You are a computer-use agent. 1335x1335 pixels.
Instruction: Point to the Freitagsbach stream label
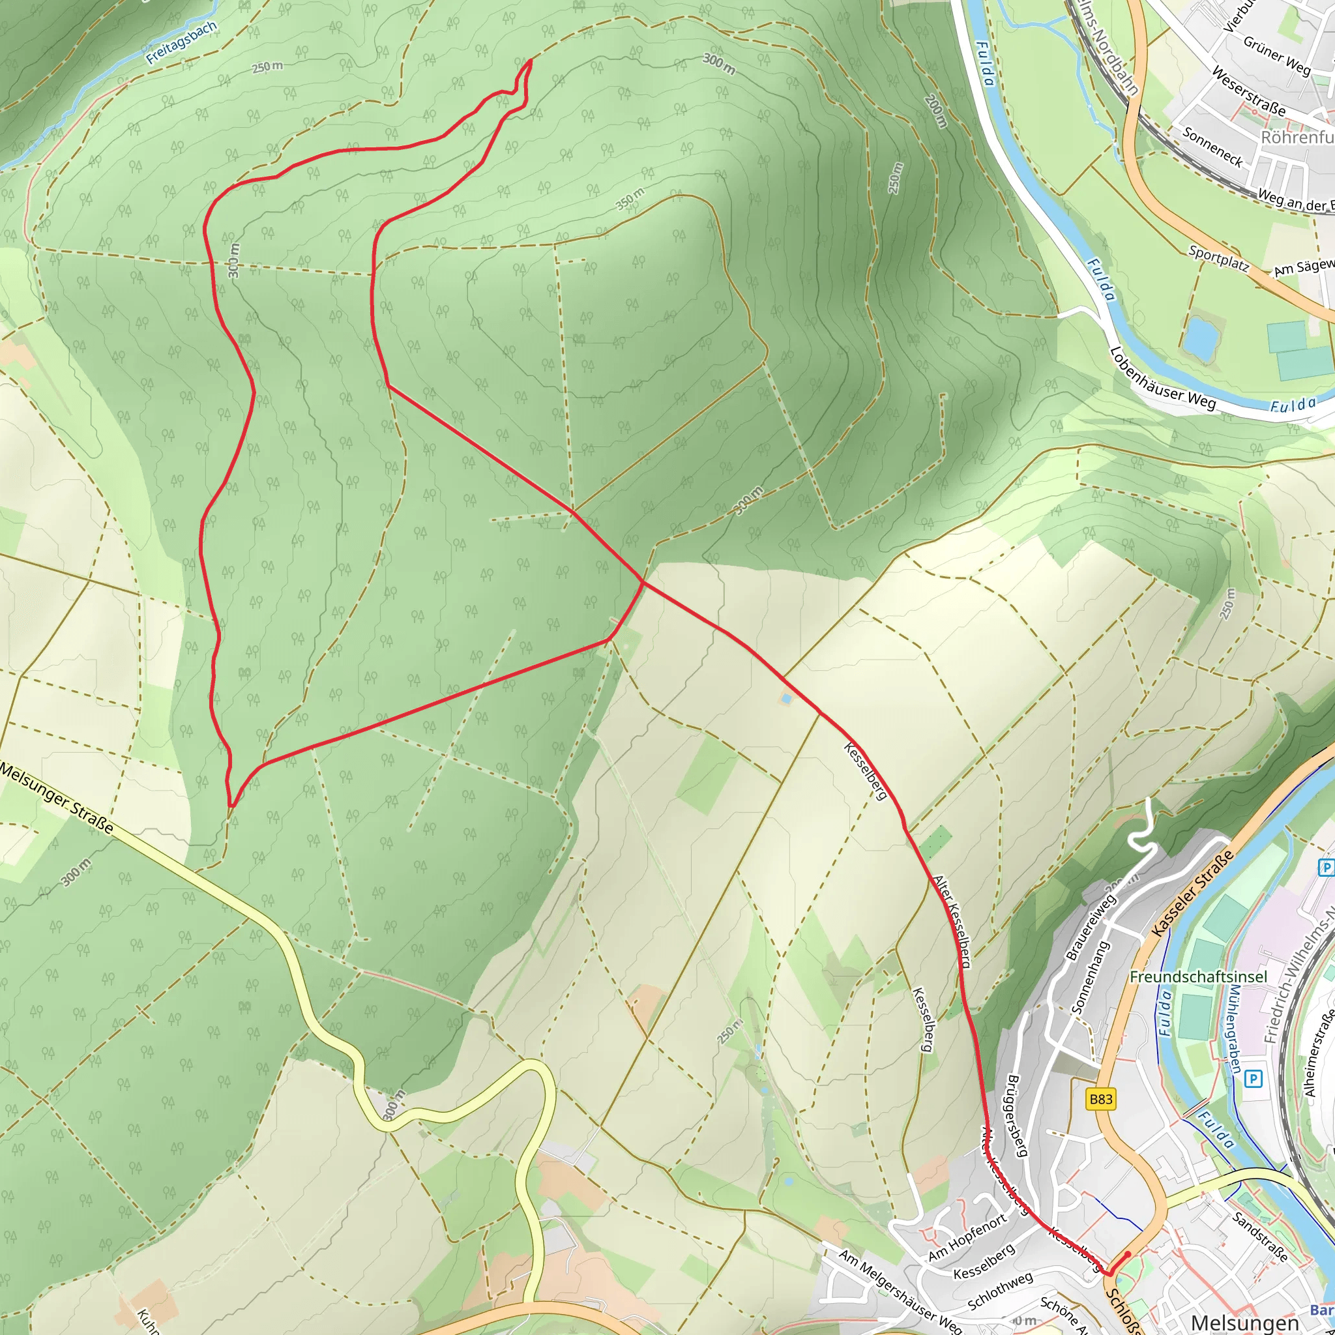pyautogui.click(x=182, y=43)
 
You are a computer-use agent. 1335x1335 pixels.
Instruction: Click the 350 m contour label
pyautogui.click(x=630, y=198)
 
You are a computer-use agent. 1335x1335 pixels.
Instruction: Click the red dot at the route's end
pyautogui.click(x=1128, y=1254)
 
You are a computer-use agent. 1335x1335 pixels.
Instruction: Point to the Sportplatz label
pyautogui.click(x=1218, y=259)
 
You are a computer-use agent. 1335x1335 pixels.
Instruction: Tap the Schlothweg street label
pyautogui.click(x=1000, y=1291)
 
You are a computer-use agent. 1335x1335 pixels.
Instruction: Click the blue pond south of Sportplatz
pyautogui.click(x=1200, y=338)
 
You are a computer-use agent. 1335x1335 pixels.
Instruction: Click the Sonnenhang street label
pyautogui.click(x=1090, y=977)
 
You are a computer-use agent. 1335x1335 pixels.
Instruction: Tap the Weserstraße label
pyautogui.click(x=1250, y=92)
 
